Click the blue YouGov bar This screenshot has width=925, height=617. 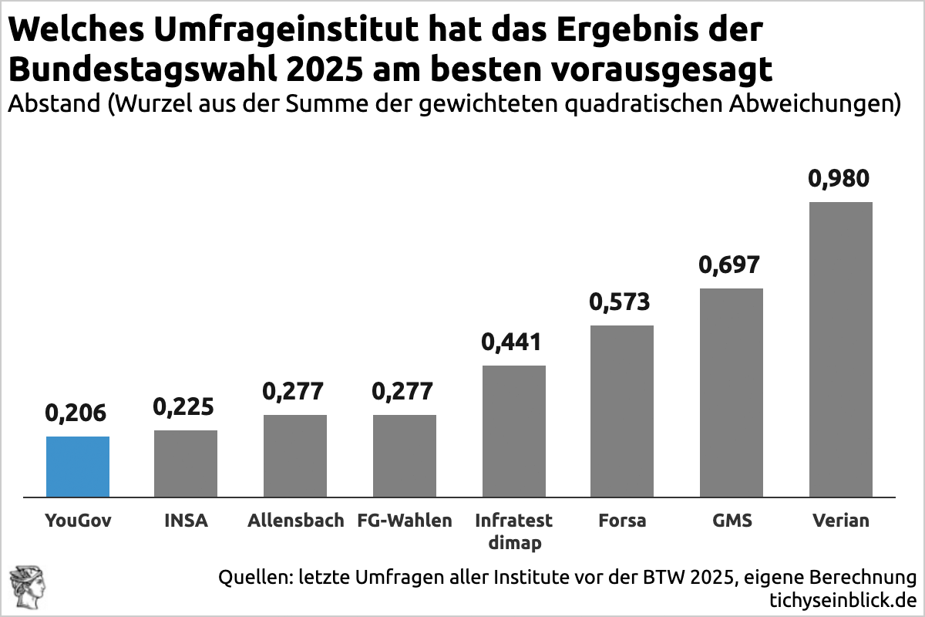(77, 467)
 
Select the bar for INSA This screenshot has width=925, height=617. (186, 464)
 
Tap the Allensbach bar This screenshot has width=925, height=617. (295, 456)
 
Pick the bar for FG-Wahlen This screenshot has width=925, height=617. (405, 456)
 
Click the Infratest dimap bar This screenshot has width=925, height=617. (513, 431)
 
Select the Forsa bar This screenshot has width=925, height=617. (622, 411)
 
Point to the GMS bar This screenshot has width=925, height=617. (732, 393)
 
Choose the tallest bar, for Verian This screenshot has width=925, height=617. (840, 349)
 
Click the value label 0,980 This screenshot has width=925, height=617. (839, 179)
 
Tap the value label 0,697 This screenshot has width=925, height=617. (729, 265)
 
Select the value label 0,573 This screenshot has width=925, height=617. (621, 302)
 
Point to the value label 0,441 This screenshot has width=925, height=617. (512, 342)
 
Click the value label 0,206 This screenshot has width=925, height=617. (76, 413)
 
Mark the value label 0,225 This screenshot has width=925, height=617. (184, 406)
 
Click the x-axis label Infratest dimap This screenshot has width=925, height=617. (513, 531)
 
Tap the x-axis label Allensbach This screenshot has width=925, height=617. (295, 521)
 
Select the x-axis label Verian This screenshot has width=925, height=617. (840, 521)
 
